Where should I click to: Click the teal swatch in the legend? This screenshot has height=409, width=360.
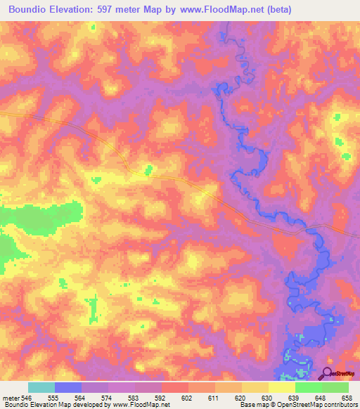pos(41,387)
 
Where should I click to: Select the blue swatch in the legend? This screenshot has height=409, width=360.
pos(68,387)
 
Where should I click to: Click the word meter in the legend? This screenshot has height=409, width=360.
pos(11,397)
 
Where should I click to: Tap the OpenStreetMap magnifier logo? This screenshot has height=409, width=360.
pos(328,373)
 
